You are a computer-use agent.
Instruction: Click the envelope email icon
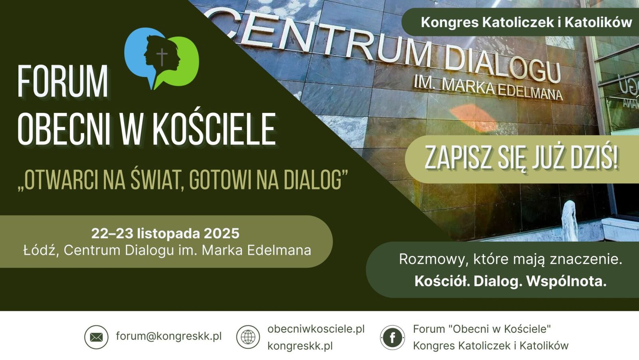click(x=96, y=337)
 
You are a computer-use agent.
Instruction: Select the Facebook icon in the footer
click(x=392, y=338)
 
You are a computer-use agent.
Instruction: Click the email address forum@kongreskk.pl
click(x=169, y=336)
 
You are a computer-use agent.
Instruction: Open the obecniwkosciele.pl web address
click(x=316, y=329)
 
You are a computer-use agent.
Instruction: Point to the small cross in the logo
click(x=161, y=57)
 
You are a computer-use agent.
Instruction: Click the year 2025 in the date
click(x=222, y=233)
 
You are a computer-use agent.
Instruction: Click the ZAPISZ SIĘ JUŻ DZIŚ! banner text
click(x=521, y=158)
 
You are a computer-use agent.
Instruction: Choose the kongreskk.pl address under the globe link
click(x=300, y=346)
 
